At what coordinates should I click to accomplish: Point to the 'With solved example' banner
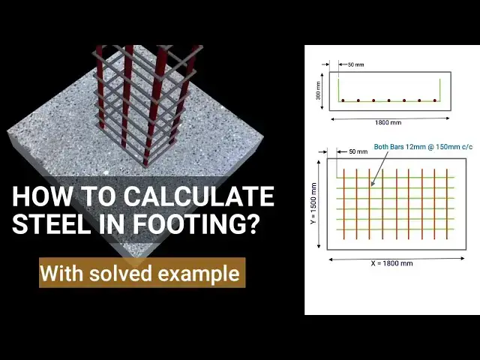(x=142, y=273)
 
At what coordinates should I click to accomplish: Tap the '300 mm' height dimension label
(x=319, y=89)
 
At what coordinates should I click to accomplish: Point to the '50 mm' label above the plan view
(x=358, y=151)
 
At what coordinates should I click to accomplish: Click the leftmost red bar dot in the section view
(x=343, y=100)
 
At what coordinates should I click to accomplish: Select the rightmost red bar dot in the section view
(x=435, y=100)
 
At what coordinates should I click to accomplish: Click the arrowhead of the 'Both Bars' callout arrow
(x=370, y=183)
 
